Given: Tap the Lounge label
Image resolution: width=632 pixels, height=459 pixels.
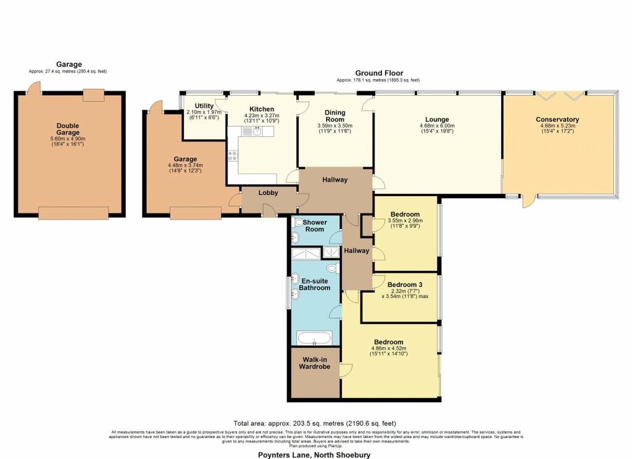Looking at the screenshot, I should coord(437,119).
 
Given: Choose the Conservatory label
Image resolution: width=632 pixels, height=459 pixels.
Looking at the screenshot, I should coord(557,119).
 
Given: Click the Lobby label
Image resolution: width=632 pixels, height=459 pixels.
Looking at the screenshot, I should coord(268,192).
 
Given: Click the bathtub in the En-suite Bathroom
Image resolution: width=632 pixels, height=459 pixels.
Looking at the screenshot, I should coord(314,338).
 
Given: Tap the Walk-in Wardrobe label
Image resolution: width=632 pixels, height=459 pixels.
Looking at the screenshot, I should coord(315,363).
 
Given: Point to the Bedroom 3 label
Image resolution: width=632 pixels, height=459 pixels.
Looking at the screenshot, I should coord(405,284).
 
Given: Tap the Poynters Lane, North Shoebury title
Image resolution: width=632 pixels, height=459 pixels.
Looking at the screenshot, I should coord(316,455).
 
